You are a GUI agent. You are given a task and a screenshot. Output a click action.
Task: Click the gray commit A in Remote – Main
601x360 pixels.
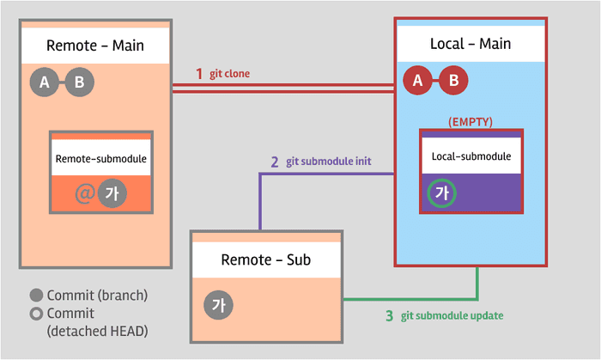45,82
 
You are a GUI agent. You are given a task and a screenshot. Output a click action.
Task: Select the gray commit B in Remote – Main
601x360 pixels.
80,82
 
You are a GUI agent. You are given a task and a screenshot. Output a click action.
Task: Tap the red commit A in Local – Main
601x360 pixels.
418,80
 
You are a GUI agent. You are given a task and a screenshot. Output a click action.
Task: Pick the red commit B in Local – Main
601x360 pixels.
453,80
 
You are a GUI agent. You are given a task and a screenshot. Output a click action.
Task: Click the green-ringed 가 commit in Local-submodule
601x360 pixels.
442,192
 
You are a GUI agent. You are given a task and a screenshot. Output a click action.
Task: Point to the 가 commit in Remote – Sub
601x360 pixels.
218,305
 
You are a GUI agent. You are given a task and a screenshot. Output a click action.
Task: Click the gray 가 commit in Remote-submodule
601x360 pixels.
112,193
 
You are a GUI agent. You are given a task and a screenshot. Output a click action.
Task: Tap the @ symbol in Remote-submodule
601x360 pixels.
85,193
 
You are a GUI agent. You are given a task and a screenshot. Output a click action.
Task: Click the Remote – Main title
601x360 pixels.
95,46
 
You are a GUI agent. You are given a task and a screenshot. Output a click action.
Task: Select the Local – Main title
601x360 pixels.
470,44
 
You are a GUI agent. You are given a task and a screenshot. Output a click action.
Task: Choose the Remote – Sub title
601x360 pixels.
265,260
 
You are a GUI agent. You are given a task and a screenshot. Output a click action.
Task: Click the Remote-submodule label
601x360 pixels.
101,159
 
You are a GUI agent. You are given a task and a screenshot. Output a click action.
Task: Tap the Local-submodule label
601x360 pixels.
471,156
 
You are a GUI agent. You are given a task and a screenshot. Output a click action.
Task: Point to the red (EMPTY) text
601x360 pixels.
470,122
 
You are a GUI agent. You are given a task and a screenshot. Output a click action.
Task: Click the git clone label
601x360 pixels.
229,74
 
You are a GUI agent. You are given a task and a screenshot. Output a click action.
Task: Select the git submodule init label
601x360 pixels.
329,162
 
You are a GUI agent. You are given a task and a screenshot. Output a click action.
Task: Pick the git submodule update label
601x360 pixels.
452,316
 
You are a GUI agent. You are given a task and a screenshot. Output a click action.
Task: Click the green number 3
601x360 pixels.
390,316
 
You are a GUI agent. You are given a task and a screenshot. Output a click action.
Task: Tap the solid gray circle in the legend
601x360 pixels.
36,296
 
